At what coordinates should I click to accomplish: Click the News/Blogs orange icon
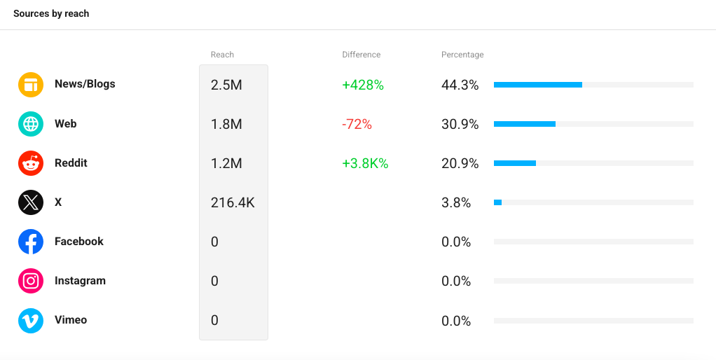[x=31, y=85]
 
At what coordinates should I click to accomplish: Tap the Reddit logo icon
[x=31, y=163]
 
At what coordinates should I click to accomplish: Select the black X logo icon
[x=31, y=202]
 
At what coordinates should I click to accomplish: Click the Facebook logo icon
[x=31, y=242]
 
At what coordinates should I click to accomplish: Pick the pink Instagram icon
[x=31, y=281]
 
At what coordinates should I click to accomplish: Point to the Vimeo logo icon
[x=31, y=321]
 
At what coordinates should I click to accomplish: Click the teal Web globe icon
[x=31, y=124]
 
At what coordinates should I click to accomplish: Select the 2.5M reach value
[x=226, y=85]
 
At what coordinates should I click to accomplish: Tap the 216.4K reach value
[x=233, y=203]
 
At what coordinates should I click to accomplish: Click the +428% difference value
[x=363, y=85]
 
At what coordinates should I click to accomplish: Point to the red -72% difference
[x=357, y=125]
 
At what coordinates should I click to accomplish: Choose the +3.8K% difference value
[x=365, y=164]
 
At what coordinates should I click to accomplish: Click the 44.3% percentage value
[x=460, y=85]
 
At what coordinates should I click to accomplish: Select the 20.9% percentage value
[x=460, y=164]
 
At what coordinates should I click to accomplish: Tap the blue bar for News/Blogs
[x=538, y=85]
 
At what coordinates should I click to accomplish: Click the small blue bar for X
[x=497, y=202]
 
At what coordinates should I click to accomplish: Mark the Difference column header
[x=362, y=55]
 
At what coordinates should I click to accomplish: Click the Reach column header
[x=222, y=55]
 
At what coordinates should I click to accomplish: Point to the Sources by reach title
[x=51, y=14]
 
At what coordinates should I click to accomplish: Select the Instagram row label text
[x=80, y=281]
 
